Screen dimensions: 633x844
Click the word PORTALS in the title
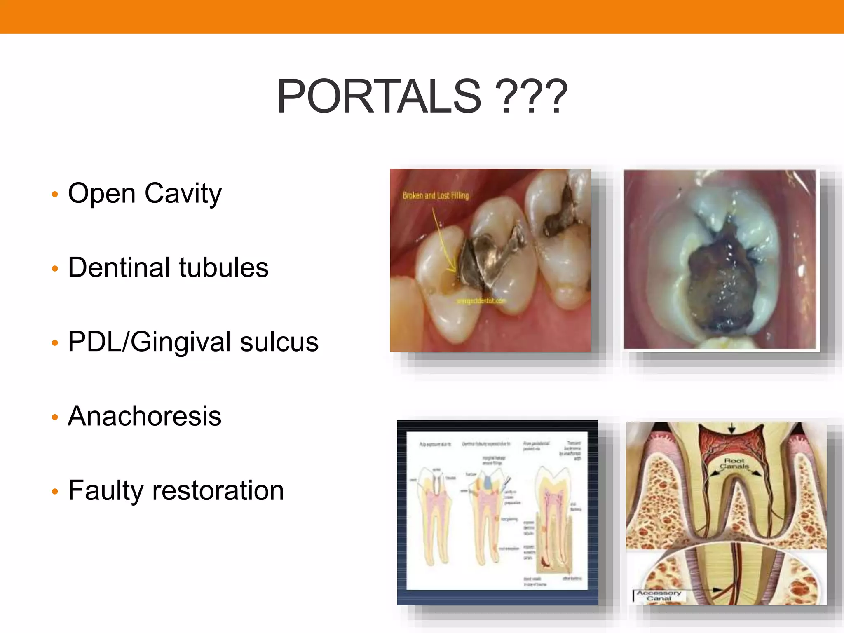pos(379,97)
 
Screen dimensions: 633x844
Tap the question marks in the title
pos(532,97)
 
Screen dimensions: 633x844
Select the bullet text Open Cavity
pos(145,193)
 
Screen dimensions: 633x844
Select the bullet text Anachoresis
pos(145,416)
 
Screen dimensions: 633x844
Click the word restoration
pos(218,491)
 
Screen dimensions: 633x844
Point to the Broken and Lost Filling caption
pos(436,195)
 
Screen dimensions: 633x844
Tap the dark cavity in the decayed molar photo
pos(719,284)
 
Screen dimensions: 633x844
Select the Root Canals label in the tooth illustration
pos(734,463)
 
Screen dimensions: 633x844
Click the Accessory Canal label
pos(659,595)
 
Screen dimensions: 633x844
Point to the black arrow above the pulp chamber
pos(731,429)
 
